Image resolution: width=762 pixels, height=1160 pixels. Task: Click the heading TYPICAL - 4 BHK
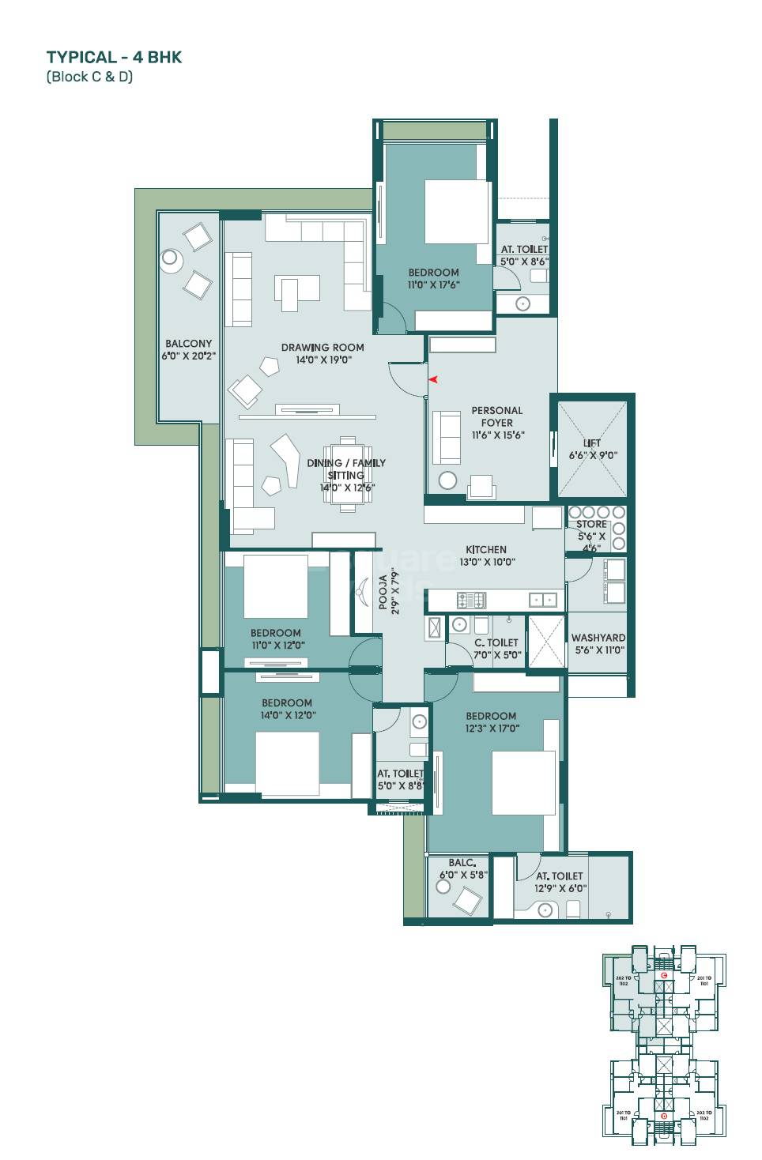(x=115, y=57)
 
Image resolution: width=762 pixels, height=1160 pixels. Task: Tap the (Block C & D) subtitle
(x=89, y=77)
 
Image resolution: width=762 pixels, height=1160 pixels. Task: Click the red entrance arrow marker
(x=433, y=380)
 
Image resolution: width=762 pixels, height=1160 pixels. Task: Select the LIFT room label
(x=593, y=443)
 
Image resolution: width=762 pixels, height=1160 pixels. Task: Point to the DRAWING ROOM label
(x=323, y=347)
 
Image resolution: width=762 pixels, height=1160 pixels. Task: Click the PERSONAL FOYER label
(x=496, y=416)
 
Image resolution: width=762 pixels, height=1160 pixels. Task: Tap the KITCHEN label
(x=485, y=549)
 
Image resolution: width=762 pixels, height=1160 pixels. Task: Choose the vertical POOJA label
(x=383, y=593)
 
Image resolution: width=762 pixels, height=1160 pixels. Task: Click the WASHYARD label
(x=598, y=637)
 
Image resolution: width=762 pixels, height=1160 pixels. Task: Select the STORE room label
(x=591, y=524)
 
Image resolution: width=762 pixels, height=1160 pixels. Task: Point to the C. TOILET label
(x=496, y=642)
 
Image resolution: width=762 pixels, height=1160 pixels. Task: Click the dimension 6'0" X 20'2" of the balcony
(x=189, y=356)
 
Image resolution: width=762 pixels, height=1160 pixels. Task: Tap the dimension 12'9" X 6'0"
(x=560, y=888)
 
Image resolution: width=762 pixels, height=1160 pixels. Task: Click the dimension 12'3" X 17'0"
(x=491, y=729)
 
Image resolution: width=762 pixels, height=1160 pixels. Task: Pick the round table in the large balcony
(x=169, y=258)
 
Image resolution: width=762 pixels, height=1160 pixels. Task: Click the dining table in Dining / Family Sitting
(x=346, y=474)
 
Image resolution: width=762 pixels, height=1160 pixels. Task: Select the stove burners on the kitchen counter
(x=471, y=601)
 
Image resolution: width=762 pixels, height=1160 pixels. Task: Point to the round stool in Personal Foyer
(x=447, y=481)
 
